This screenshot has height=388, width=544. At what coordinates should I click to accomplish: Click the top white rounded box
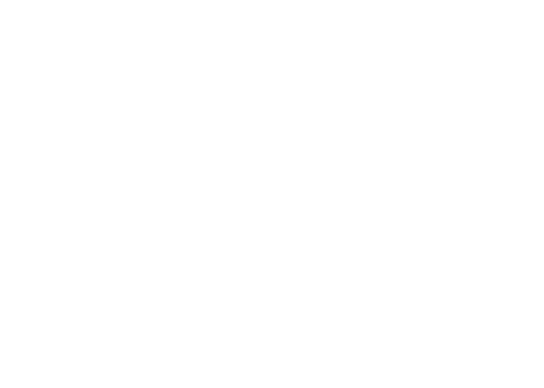tap(179, 61)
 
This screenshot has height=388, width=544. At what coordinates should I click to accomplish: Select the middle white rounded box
tap(179, 210)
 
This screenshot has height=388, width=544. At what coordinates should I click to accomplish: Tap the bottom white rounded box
tap(179, 343)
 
